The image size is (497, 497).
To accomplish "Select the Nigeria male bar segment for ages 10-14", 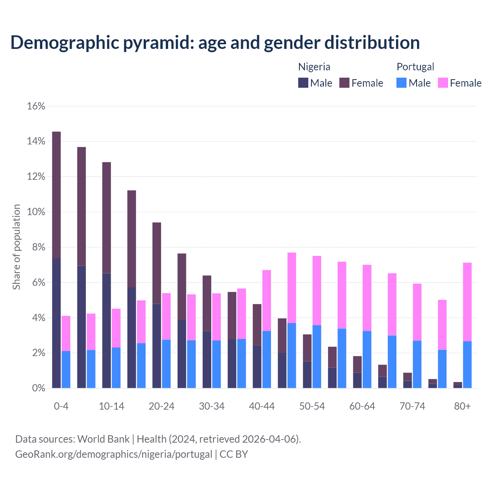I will (x=106, y=330).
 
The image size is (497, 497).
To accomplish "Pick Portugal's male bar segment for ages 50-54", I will (x=317, y=356).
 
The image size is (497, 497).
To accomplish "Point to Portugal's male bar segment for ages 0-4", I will (x=66, y=369).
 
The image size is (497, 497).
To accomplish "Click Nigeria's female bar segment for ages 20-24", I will (x=156, y=263).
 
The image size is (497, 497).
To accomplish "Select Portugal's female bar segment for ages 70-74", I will (x=417, y=312).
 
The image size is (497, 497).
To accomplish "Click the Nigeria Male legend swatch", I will (x=303, y=83).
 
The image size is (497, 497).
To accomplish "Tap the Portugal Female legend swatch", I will (x=443, y=83).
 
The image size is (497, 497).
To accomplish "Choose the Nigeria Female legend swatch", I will (x=344, y=83).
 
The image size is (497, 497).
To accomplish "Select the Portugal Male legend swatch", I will (x=401, y=83).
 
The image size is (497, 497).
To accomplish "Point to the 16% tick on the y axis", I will (x=36, y=106).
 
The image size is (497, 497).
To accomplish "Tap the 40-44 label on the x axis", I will (x=262, y=406).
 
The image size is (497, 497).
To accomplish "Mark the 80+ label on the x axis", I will (x=462, y=406).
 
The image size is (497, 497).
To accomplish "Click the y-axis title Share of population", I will (x=16, y=247).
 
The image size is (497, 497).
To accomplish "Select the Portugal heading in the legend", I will (x=415, y=67).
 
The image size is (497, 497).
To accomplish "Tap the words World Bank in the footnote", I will (x=103, y=439).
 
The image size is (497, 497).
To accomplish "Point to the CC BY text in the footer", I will (x=234, y=454).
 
